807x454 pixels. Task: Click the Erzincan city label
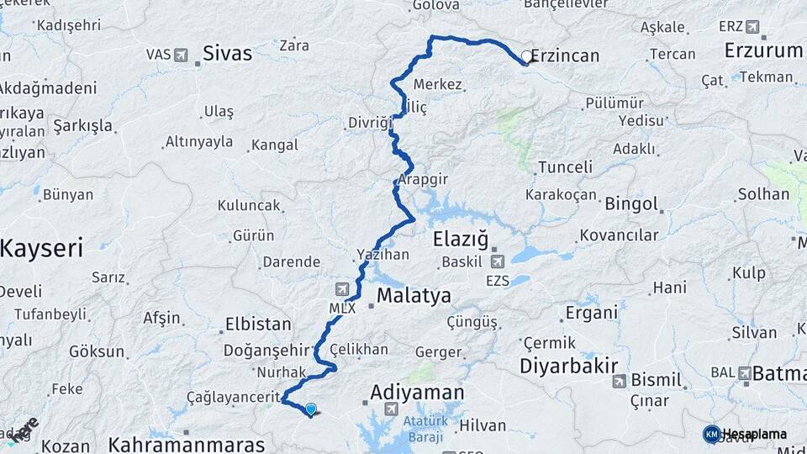point(567,56)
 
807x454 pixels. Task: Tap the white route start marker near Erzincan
point(526,57)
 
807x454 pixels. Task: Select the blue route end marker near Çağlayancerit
point(311,409)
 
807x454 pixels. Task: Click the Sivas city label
point(227,54)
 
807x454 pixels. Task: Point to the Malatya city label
point(414,296)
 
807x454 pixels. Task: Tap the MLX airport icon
point(342,289)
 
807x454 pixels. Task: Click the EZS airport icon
point(498,262)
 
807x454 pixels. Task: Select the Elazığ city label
point(461,240)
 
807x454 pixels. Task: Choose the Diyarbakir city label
point(569,366)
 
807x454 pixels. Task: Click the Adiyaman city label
point(418,393)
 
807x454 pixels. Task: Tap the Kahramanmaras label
point(187,444)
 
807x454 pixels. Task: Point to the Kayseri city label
point(41,249)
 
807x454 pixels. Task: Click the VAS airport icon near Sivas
point(181,55)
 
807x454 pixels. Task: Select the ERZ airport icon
point(752,27)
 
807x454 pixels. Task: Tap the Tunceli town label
point(565,167)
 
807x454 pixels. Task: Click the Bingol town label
point(631,204)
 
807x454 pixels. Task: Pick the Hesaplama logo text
point(754,434)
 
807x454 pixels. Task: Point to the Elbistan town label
point(258,324)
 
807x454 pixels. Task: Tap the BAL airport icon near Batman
point(744,372)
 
